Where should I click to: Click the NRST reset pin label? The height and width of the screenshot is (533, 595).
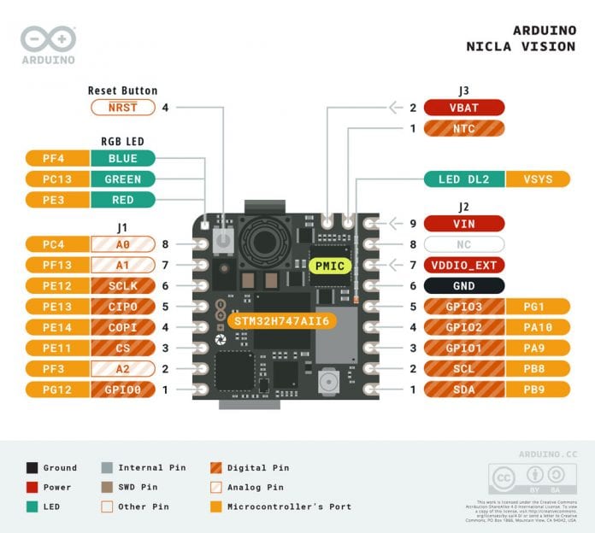(123, 108)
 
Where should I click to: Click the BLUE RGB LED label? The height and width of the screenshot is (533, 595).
(123, 158)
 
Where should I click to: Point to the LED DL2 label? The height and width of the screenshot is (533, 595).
(465, 179)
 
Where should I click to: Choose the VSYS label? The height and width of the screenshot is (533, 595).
(538, 179)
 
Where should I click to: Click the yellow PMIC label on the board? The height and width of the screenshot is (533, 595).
(329, 266)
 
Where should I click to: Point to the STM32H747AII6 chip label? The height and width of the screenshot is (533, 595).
(278, 320)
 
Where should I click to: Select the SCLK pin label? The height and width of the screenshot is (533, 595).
(123, 286)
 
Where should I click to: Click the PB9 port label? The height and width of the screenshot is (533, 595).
(538, 389)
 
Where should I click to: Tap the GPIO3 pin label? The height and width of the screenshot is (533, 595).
(464, 307)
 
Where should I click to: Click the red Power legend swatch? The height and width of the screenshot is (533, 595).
(32, 487)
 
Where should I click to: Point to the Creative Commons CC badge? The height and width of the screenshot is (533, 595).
(506, 476)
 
